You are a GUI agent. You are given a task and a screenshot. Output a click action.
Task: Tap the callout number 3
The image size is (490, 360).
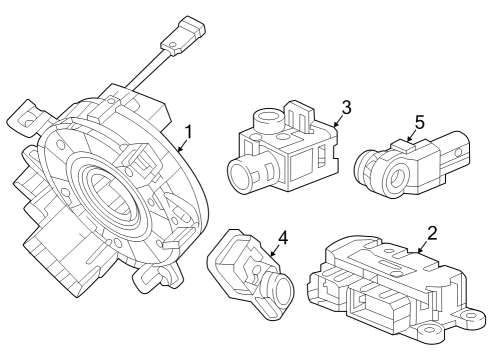[x=345, y=107]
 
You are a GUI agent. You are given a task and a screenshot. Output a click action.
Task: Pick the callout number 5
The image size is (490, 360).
[x=419, y=123]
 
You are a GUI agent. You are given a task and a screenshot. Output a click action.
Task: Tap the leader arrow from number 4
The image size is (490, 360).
[x=271, y=256]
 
